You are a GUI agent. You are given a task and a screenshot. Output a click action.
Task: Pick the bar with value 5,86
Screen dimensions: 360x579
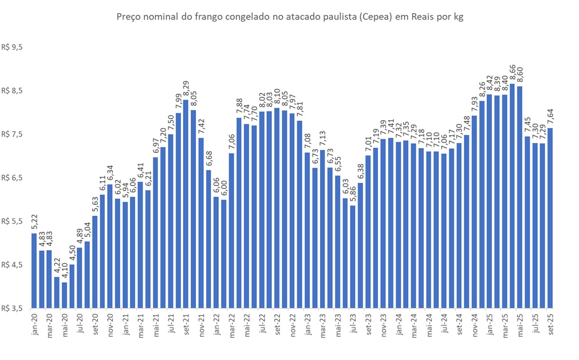353,257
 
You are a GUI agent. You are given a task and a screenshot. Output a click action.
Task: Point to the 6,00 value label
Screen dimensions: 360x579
224,189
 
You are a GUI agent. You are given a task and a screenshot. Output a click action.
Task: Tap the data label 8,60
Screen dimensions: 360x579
520,75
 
